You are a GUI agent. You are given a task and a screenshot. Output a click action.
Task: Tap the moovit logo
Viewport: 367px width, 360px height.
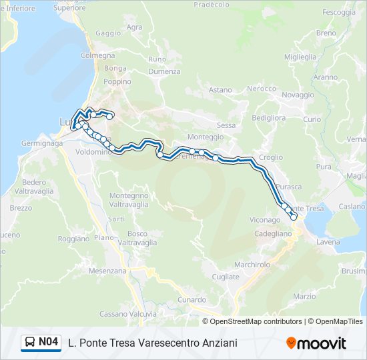pos(316,343)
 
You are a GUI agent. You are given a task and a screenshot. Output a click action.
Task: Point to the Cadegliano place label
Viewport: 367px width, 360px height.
pos(274,234)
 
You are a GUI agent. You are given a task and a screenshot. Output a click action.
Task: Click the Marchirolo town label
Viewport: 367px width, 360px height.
pos(252,264)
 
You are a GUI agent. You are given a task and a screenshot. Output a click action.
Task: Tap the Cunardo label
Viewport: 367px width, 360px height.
pos(192,300)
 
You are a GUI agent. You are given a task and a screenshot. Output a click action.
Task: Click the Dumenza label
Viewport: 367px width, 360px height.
pos(164,71)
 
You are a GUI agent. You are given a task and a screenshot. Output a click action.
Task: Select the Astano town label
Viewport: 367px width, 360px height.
pos(220,90)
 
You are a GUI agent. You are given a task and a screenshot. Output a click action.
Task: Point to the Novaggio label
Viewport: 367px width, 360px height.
pos(298,95)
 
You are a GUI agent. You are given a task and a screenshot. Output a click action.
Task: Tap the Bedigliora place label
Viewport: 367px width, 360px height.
pos(267,117)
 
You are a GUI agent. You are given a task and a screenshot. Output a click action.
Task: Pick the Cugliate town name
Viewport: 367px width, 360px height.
pos(225,277)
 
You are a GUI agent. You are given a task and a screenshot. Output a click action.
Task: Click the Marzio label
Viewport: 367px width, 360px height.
pos(304,296)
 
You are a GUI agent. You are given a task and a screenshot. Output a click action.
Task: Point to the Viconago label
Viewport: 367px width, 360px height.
pos(265,219)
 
